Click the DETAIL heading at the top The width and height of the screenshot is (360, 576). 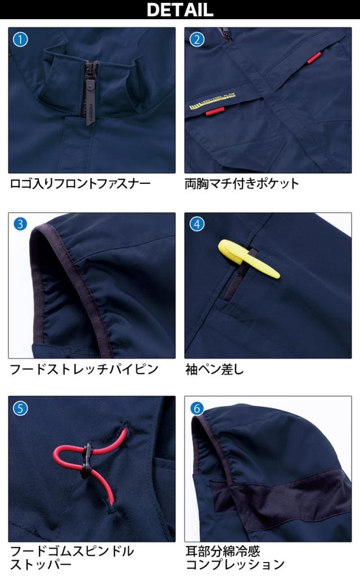[180, 10]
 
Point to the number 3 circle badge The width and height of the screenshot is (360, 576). [20, 224]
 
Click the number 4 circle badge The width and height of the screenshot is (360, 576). [196, 224]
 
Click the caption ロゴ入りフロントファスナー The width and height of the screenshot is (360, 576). [80, 183]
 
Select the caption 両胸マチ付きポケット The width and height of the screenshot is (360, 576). [242, 183]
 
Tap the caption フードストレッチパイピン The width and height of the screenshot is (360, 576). [84, 369]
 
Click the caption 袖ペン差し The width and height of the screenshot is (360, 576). [214, 369]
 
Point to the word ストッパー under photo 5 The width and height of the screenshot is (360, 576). [40, 564]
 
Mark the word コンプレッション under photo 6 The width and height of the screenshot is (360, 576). [235, 564]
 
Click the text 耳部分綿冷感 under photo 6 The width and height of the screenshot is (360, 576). [222, 551]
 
